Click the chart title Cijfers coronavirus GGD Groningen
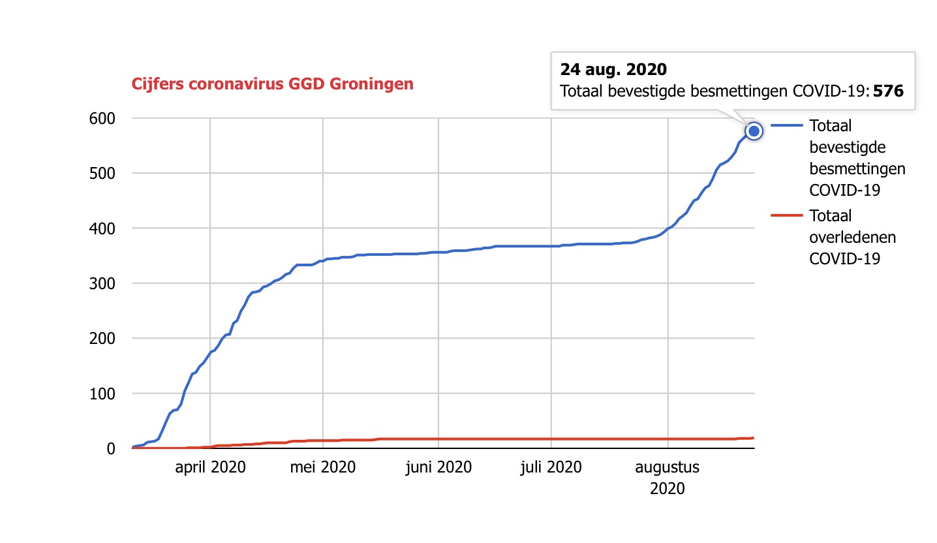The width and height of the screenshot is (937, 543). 272,84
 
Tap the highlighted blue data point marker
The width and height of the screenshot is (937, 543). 754,131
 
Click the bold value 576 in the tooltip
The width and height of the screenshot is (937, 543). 888,91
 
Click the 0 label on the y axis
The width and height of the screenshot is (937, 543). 111,448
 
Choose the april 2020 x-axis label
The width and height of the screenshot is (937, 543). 210,467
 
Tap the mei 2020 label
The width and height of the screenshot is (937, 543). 324,467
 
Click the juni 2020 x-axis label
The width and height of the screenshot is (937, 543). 438,467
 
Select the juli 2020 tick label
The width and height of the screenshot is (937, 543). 551,467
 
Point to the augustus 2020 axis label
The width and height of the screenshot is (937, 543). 668,477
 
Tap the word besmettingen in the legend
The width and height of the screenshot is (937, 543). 857,168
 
